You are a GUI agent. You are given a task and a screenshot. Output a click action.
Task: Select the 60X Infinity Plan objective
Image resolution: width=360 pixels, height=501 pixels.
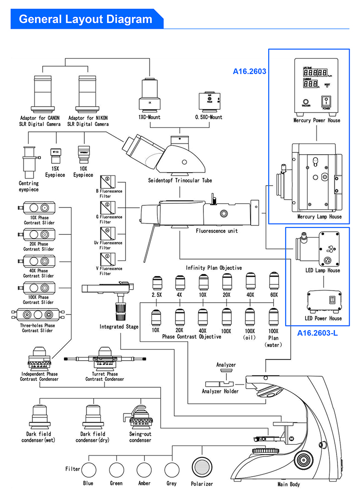coord(273,282)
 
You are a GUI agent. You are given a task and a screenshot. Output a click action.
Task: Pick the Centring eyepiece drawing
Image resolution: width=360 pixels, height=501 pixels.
coord(30,161)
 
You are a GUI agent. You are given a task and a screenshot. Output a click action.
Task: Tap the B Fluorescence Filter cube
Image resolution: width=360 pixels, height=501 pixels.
coord(107,182)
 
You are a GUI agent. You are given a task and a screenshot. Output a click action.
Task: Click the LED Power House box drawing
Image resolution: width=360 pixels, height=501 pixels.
coord(323,300)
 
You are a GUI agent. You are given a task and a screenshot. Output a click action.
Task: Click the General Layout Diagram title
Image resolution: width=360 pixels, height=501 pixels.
coord(85,19)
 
